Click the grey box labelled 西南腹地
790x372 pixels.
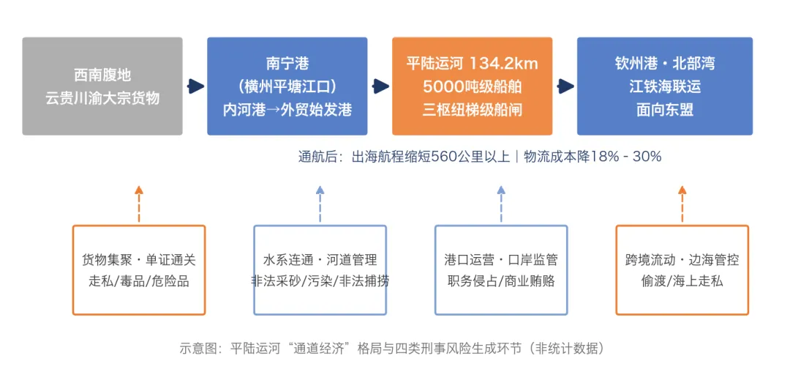(x=102, y=86)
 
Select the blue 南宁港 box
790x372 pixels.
(x=287, y=86)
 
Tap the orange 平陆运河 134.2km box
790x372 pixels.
(x=472, y=86)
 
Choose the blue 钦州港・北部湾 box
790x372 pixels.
(x=665, y=86)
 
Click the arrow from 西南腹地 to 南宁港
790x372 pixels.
(x=195, y=86)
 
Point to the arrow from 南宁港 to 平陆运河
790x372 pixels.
(x=380, y=86)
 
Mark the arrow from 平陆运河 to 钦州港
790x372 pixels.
(x=565, y=86)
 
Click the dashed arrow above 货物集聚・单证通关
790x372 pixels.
(x=139, y=204)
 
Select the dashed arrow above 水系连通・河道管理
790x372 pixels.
(x=320, y=204)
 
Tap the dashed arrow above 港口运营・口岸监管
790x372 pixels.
(x=501, y=204)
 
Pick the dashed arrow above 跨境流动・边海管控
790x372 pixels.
(x=682, y=204)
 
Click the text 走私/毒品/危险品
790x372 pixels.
(x=139, y=281)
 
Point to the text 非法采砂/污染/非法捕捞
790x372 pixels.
(x=320, y=281)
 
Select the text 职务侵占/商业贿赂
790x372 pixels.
(x=501, y=281)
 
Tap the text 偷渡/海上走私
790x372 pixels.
(x=682, y=281)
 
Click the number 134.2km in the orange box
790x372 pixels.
(x=504, y=64)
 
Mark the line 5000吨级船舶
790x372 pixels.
(x=472, y=86)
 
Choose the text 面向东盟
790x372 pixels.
(x=665, y=110)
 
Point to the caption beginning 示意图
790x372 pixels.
(x=392, y=349)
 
